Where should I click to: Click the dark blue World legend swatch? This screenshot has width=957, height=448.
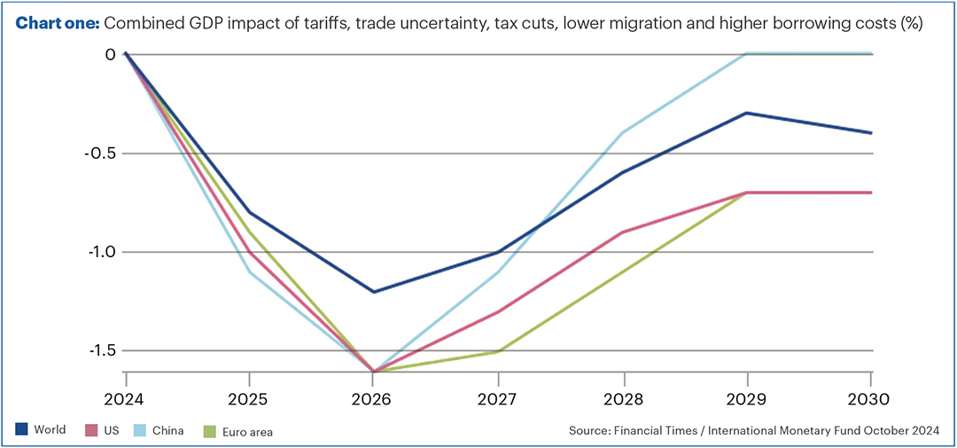point(21,430)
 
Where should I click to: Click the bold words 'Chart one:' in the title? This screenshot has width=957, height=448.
point(56,24)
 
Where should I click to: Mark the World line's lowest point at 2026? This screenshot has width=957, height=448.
point(374,292)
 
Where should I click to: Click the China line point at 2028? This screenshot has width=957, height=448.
point(624,133)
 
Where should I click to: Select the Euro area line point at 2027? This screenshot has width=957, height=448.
point(499,351)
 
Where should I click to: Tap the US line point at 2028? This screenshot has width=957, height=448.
point(624,232)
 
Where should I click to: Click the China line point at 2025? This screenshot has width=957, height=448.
point(249,271)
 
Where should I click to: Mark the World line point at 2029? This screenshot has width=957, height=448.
point(748,113)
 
